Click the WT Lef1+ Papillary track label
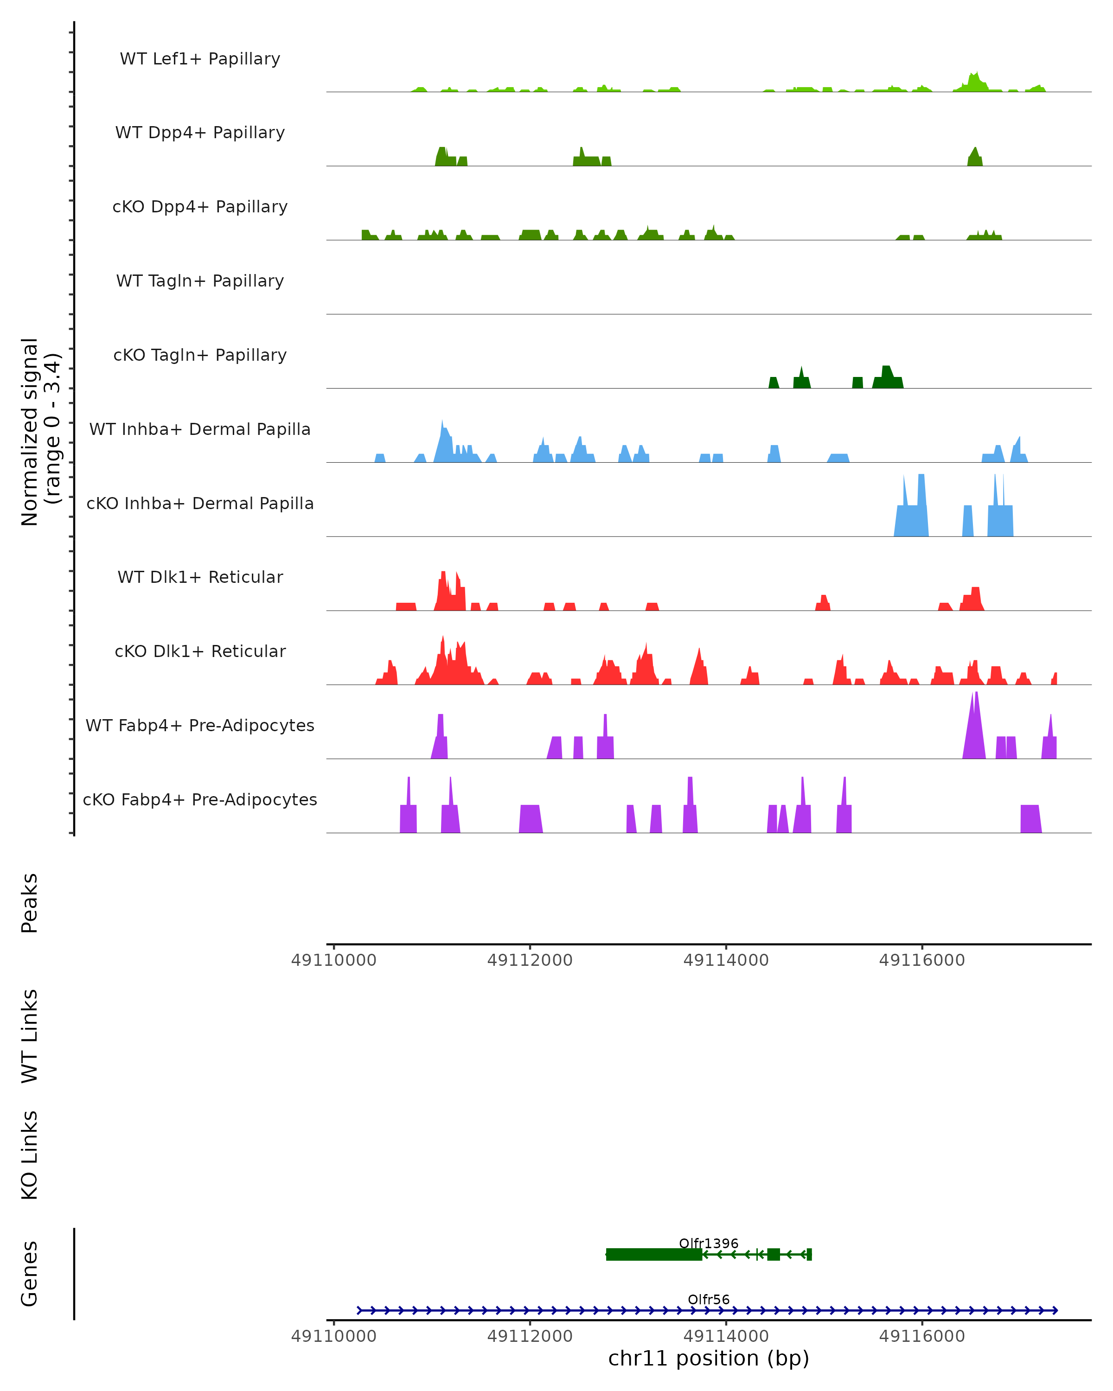(200, 59)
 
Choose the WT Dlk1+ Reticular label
(200, 577)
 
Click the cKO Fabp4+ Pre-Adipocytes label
(200, 799)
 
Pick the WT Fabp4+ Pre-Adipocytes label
(200, 725)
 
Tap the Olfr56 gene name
(709, 1299)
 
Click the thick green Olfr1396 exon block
(653, 1254)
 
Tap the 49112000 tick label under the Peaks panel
(530, 960)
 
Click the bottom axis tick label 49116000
(922, 1336)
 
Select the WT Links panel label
(30, 1036)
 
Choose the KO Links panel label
(30, 1155)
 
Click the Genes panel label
(30, 1274)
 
